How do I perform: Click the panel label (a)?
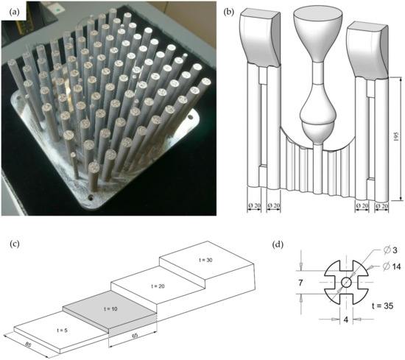click(14, 12)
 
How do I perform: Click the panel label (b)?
click(229, 12)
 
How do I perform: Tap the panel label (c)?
click(14, 244)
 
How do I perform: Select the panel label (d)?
click(278, 244)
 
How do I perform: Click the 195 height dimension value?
click(396, 137)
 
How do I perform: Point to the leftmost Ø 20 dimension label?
click(254, 205)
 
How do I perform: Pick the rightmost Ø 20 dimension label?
click(381, 206)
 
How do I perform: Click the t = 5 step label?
click(63, 330)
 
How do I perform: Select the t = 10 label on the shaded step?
click(110, 308)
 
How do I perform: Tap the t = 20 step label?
click(158, 286)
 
